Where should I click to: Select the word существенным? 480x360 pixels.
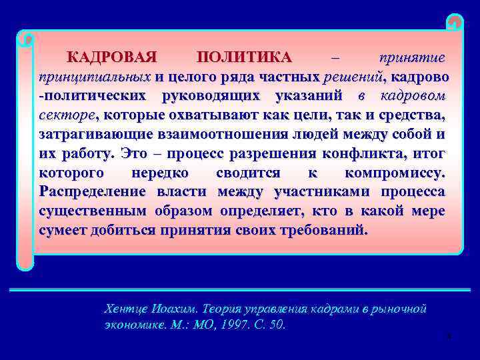point(88,211)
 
